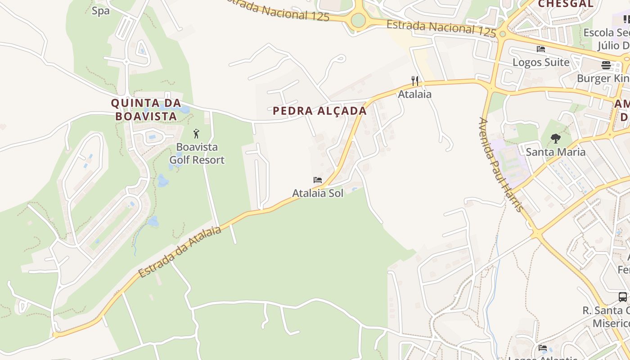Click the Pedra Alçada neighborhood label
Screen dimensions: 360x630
point(319,111)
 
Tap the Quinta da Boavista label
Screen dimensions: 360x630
point(146,109)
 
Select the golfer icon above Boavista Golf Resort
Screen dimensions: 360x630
point(196,134)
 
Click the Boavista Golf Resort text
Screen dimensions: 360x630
point(197,153)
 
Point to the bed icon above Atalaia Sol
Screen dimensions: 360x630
point(318,180)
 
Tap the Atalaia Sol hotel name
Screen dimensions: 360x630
point(318,193)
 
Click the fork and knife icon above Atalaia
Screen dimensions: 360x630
point(415,81)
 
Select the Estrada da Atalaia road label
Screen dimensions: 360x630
point(180,252)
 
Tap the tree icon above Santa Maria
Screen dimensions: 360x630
point(556,139)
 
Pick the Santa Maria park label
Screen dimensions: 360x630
point(556,152)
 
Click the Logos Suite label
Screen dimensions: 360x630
point(541,62)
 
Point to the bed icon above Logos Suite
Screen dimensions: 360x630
point(541,49)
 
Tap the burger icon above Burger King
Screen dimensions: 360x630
point(606,65)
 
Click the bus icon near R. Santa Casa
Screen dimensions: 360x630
point(623,297)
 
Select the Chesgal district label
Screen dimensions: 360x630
point(566,4)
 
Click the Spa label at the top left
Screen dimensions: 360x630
point(100,11)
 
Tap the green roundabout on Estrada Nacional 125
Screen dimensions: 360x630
point(358,20)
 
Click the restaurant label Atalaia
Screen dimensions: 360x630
point(414,94)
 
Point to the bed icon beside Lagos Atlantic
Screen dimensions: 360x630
point(543,348)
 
